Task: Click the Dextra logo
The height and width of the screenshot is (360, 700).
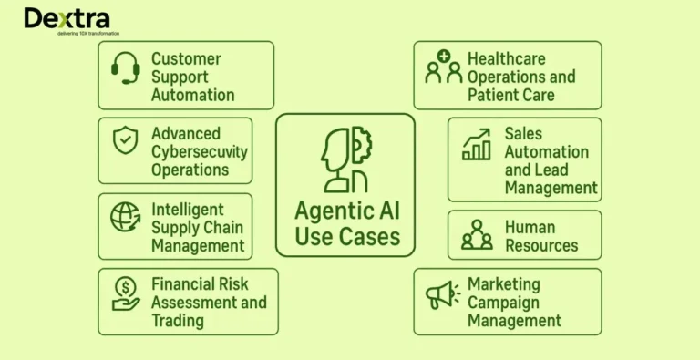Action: tap(67, 18)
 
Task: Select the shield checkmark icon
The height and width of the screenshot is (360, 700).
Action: tap(125, 141)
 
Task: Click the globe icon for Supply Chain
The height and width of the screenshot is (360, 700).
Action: tap(125, 217)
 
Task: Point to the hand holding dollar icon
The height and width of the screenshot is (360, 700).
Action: tap(126, 293)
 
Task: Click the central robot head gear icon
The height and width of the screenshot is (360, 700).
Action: tap(345, 159)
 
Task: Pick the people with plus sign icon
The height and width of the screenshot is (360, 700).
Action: tap(444, 68)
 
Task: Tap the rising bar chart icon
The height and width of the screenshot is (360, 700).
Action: tap(477, 144)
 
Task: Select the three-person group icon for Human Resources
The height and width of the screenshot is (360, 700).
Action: tap(477, 235)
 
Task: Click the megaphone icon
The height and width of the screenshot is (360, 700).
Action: tap(444, 293)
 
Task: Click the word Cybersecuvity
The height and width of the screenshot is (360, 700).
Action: tap(200, 151)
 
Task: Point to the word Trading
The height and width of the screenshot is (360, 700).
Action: tap(179, 320)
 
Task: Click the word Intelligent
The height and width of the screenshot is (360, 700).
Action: tap(188, 210)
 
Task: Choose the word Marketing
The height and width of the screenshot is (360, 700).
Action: tap(504, 284)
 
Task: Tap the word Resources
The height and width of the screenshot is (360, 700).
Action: tap(541, 245)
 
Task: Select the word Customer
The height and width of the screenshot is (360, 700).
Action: tap(186, 59)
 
